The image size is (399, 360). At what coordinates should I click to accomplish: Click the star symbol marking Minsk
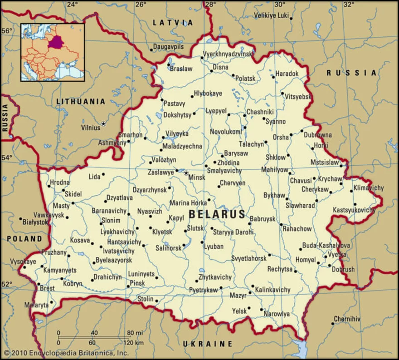pos(185,172)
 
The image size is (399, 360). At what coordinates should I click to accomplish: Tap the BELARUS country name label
pos(217,214)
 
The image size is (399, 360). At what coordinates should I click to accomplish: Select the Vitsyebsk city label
pos(298,97)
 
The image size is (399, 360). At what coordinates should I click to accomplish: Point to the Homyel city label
pos(305,259)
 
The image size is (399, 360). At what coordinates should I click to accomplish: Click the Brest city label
pos(47,288)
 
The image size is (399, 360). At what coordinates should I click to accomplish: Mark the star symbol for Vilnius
pos(103,123)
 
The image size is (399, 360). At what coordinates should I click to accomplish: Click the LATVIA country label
pos(173,22)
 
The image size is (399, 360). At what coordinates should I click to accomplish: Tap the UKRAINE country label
pos(208,343)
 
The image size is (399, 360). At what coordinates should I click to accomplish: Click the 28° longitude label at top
pos(210,5)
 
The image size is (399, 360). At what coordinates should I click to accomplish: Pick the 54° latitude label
pos(8,158)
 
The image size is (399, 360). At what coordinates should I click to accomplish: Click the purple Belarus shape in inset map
pos(56,42)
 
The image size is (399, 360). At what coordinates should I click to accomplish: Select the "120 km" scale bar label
pos(133,342)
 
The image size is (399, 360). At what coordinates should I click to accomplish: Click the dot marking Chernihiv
pos(334,325)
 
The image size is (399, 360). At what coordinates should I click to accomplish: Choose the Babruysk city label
pos(263,219)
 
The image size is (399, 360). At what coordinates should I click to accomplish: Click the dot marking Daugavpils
pos(151,50)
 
